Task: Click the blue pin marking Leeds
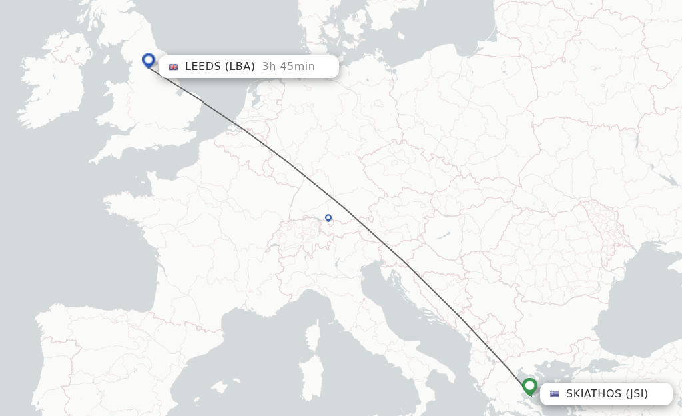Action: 149,61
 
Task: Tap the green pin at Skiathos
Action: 529,386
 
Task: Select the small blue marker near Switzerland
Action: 328,217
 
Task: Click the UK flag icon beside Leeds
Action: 174,67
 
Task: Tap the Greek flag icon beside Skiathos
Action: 555,394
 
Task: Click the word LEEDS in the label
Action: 202,67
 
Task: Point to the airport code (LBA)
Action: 240,67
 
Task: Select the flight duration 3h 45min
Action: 288,67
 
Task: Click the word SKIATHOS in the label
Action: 593,394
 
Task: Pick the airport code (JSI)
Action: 636,394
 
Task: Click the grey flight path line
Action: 346,211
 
